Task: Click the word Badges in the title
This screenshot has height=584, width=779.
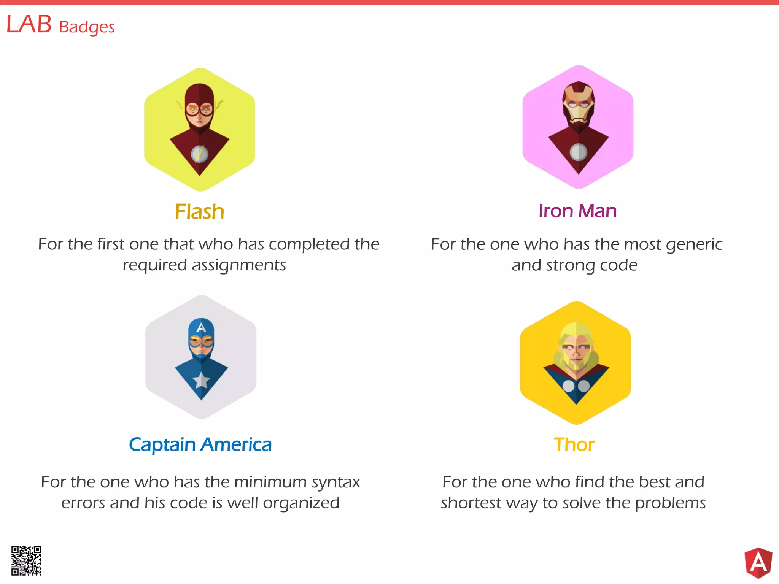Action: coord(87,27)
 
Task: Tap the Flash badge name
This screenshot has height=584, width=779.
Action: coord(199,211)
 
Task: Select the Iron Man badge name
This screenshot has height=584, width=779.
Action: coord(577,211)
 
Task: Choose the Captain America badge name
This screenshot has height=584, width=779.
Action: coord(200,444)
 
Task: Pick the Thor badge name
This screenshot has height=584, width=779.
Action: coord(574,444)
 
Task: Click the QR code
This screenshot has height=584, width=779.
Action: coord(26,561)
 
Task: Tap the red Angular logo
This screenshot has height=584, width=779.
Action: coord(758,563)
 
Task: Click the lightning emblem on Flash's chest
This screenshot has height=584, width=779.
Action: coord(199,154)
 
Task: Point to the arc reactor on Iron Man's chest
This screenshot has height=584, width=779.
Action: coord(578,152)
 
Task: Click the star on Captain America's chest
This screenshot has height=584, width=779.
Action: coord(201,380)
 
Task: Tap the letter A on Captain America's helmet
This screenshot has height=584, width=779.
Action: coord(201,327)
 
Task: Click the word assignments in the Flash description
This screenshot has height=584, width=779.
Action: coord(239,265)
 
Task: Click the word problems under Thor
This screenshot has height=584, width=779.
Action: coord(670,503)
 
